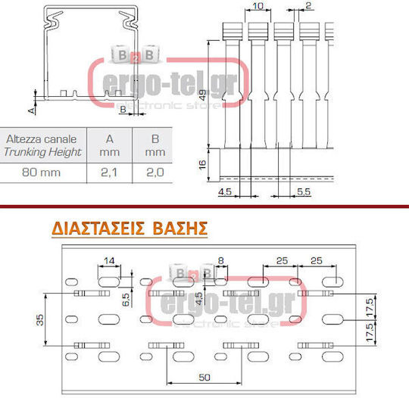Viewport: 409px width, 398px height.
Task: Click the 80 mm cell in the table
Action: [41, 173]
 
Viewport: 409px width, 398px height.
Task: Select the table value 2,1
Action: [109, 173]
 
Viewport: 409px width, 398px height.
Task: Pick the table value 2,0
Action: [155, 173]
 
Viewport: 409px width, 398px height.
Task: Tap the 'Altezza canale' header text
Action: [41, 139]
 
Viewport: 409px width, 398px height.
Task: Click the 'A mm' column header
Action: [110, 145]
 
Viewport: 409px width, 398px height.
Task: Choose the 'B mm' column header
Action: [155, 145]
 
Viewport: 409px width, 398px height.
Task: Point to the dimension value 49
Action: [203, 95]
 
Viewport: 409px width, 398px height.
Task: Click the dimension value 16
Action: [202, 165]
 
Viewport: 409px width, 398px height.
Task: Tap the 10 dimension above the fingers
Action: [258, 6]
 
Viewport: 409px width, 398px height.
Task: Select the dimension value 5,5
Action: [304, 191]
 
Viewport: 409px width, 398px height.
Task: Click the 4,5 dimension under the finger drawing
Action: [225, 191]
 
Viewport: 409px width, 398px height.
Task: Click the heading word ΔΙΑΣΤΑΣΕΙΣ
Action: [98, 229]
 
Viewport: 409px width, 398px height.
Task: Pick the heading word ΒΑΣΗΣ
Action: [180, 229]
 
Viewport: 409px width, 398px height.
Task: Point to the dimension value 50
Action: [204, 377]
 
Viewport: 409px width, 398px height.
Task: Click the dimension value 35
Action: [39, 319]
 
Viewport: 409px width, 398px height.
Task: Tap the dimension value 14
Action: [109, 260]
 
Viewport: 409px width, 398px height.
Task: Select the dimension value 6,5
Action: [126, 300]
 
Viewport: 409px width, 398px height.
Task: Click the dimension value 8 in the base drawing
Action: [220, 260]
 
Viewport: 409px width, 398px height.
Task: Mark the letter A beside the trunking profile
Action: [32, 110]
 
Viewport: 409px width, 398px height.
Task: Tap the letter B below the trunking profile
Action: [123, 110]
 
